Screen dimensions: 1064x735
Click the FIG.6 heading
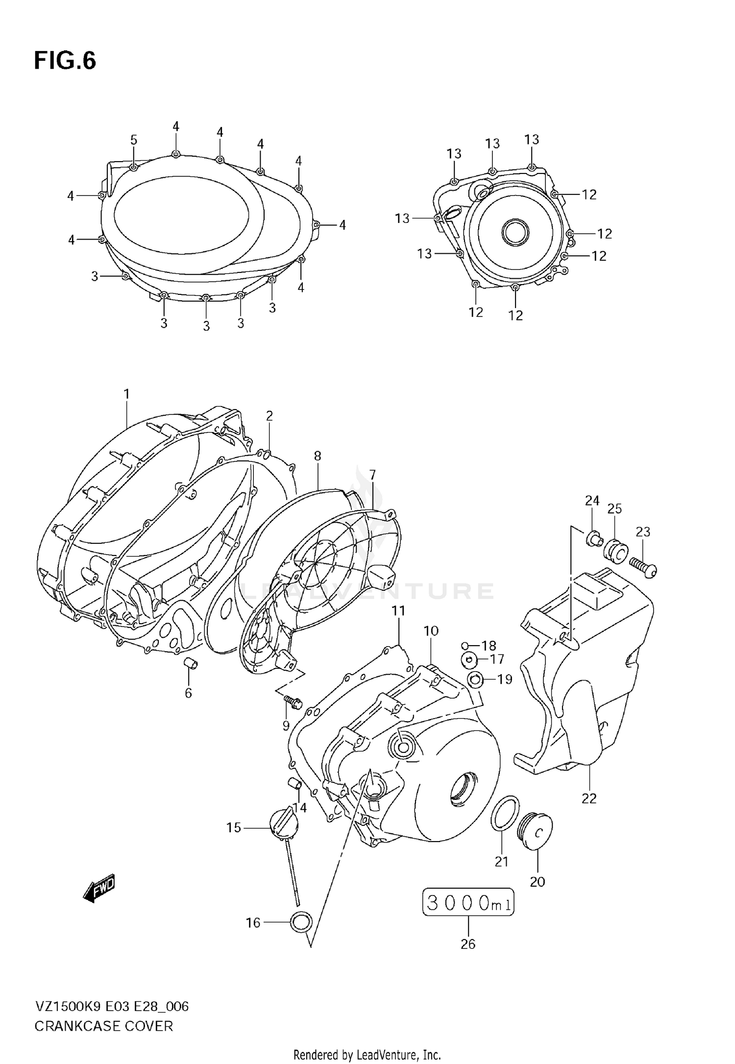[x=65, y=61]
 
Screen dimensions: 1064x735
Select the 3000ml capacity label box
[x=468, y=903]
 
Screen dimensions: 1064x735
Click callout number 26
[x=468, y=944]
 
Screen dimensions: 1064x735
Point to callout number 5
[x=134, y=140]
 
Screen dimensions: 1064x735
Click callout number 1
[x=126, y=394]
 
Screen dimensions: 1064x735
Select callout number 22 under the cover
[x=589, y=798]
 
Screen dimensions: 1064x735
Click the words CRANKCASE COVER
[x=103, y=1026]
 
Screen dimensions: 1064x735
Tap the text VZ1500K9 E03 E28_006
[x=111, y=1007]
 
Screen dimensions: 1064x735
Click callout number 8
[x=318, y=456]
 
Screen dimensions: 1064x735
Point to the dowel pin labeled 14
[x=295, y=783]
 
